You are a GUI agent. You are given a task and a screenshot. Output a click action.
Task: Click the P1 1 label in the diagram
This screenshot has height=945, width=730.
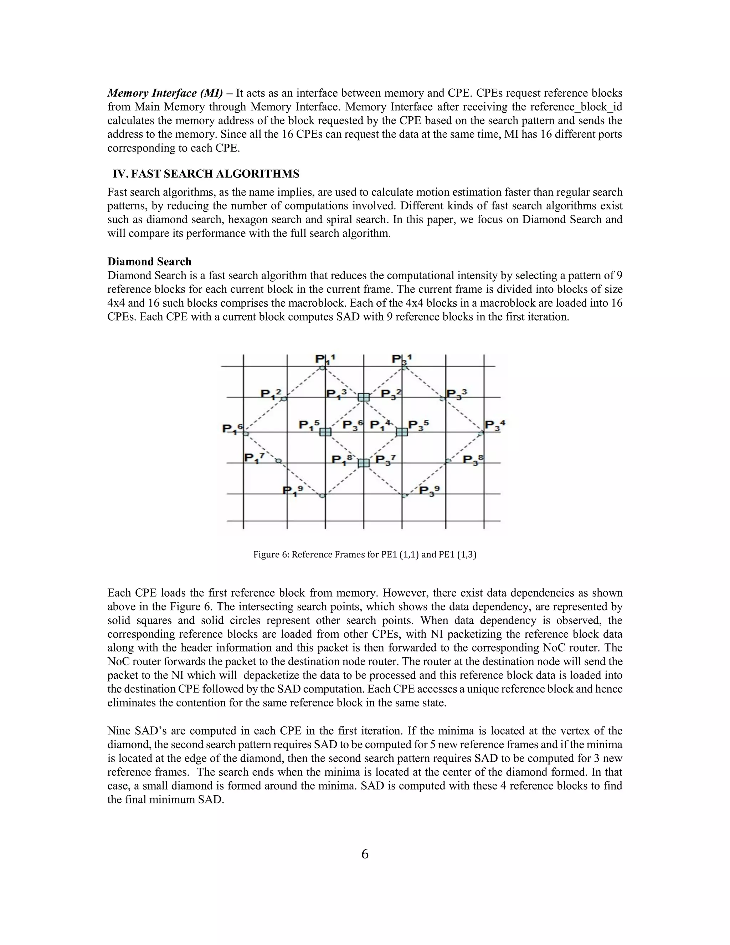325,359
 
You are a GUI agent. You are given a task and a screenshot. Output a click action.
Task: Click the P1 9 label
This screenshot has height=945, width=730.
292,491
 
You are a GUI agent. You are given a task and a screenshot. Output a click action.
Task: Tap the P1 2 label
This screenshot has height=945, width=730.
271,393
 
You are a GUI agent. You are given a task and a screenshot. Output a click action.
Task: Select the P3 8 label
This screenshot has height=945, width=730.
473,459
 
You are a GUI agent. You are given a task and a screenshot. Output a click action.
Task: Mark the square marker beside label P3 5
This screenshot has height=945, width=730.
402,432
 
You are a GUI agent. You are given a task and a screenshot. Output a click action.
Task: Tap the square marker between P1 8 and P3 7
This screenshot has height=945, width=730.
364,463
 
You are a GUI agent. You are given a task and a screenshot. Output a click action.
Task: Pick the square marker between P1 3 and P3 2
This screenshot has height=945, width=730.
364,397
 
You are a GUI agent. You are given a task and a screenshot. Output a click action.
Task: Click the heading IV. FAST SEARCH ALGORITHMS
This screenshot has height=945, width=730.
206,174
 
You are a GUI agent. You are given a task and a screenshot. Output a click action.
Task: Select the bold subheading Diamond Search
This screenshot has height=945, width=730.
149,261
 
